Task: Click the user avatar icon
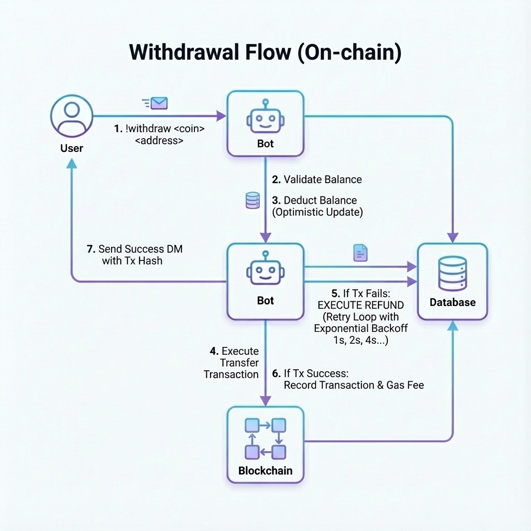72,116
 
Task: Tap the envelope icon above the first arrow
159,103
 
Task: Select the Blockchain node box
265,445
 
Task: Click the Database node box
452,282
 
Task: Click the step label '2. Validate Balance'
317,179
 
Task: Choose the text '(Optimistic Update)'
317,212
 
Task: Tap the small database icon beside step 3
253,201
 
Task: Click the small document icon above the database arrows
360,253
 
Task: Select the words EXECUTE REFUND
361,305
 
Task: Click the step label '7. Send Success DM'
134,249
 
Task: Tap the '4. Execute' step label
234,351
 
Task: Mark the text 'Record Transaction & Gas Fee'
354,385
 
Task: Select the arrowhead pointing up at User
72,163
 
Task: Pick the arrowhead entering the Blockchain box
265,401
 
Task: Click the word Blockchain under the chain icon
265,471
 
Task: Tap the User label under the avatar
72,148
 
